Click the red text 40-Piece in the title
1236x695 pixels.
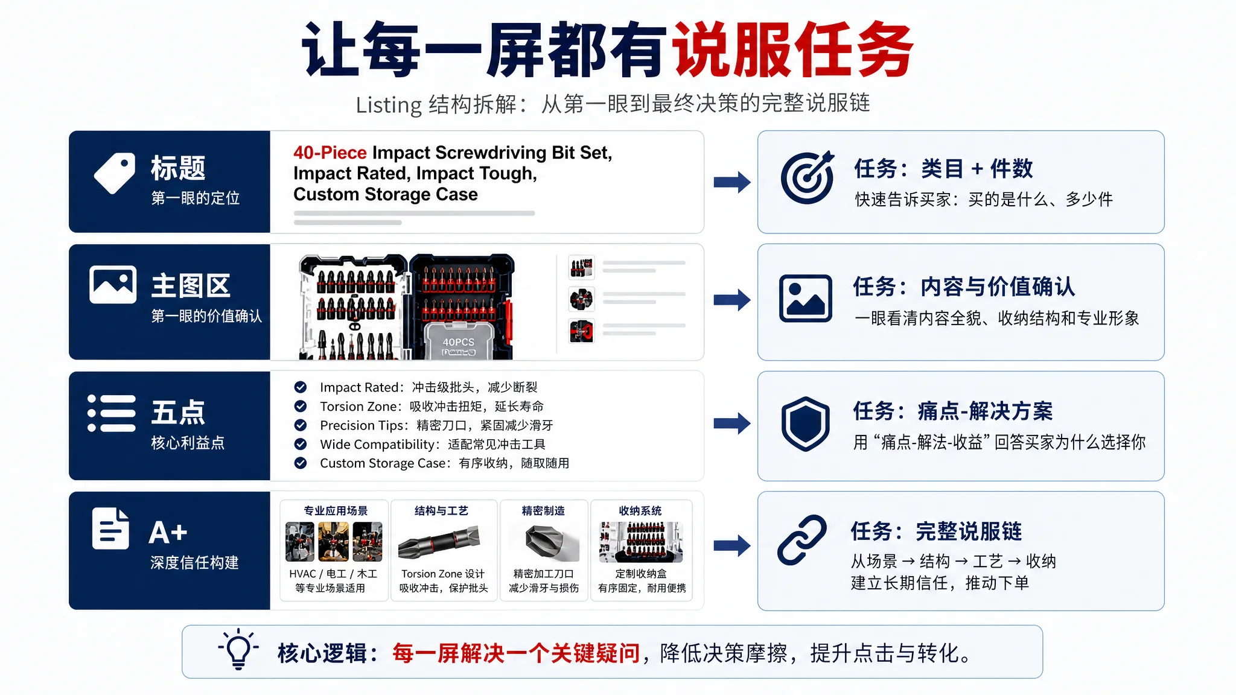click(x=330, y=153)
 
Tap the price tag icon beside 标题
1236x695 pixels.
click(x=115, y=173)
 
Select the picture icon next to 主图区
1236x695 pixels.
click(x=113, y=284)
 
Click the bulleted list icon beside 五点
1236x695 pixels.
click(x=112, y=413)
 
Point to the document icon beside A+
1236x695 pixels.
click(x=110, y=529)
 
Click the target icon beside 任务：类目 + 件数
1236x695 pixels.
click(x=808, y=177)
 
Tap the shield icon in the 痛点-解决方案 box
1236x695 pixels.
click(x=806, y=424)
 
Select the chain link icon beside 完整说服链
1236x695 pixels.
click(x=802, y=539)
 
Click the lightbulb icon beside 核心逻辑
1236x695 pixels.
click(x=238, y=649)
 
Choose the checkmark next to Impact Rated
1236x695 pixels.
click(x=301, y=387)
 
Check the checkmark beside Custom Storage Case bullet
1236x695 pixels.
click(x=301, y=463)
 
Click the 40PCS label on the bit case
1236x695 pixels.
click(x=459, y=342)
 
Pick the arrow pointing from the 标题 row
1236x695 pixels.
click(x=732, y=182)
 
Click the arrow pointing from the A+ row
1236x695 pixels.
click(x=732, y=546)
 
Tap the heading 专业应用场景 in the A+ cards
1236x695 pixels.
click(x=336, y=511)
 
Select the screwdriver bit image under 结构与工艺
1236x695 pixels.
click(x=439, y=541)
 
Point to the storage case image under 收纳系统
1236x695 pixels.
click(x=641, y=541)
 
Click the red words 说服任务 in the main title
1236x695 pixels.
click(x=792, y=49)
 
